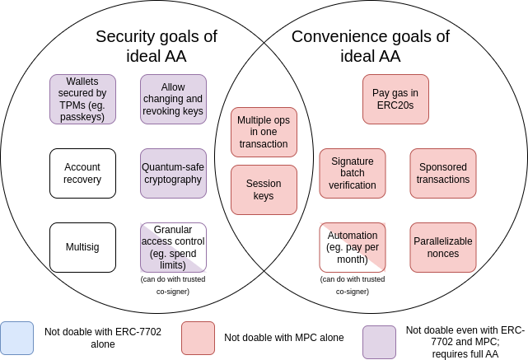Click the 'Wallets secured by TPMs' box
pos(82,99)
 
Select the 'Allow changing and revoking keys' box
pos(173,99)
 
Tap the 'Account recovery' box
pos(82,173)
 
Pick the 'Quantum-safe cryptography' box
pos(173,173)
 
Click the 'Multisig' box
pos(82,247)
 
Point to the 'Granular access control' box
pos(173,247)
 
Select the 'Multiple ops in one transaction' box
pos(264,132)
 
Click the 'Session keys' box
pos(264,189)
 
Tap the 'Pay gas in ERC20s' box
pos(395,99)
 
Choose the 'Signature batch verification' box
pos(353,173)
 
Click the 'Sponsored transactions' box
pos(443,173)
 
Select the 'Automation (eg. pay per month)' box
pos(353,247)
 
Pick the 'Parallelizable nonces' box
pos(443,247)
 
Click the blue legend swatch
pos(16,338)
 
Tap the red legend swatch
pos(198,338)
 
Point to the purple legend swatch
pos(379,342)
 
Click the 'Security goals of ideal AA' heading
pos(157,46)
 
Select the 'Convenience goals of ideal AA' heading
pos(371,46)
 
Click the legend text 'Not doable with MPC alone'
pos(284,338)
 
